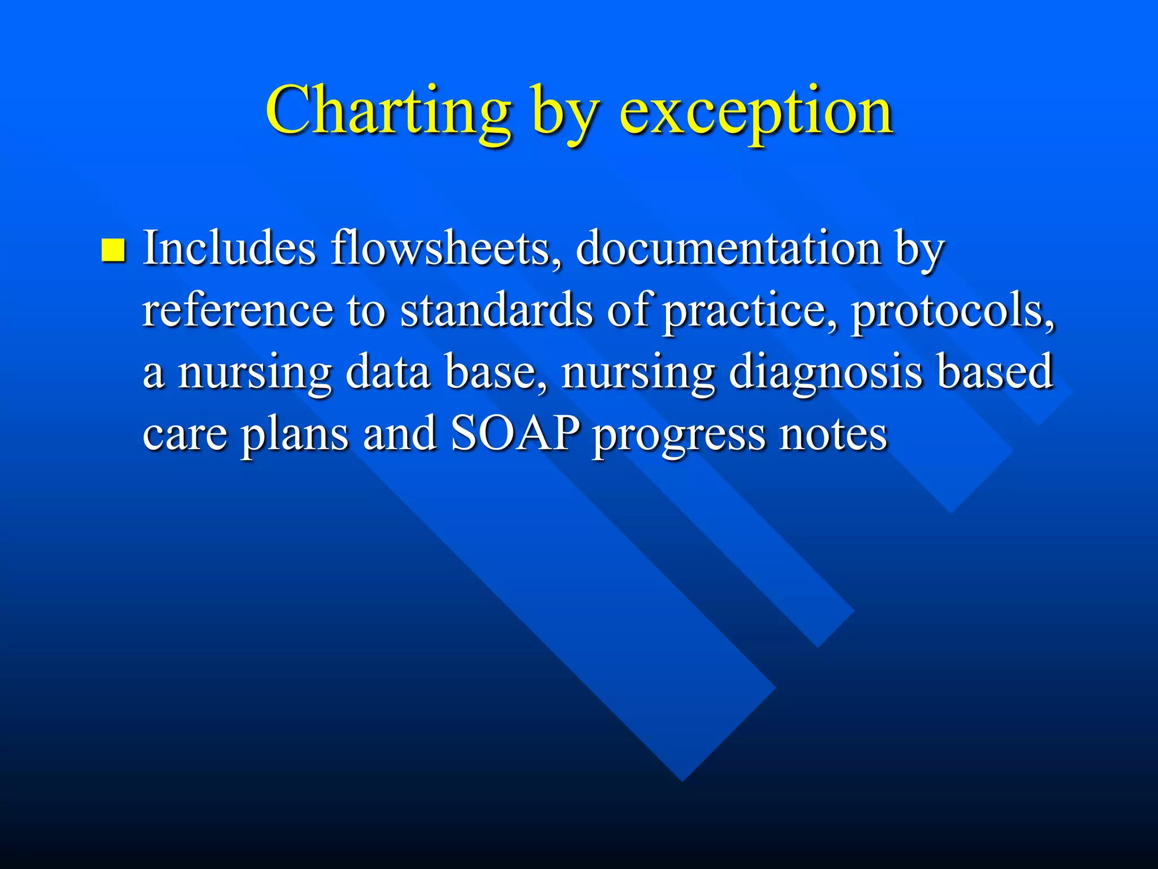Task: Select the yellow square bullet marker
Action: [x=113, y=250]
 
